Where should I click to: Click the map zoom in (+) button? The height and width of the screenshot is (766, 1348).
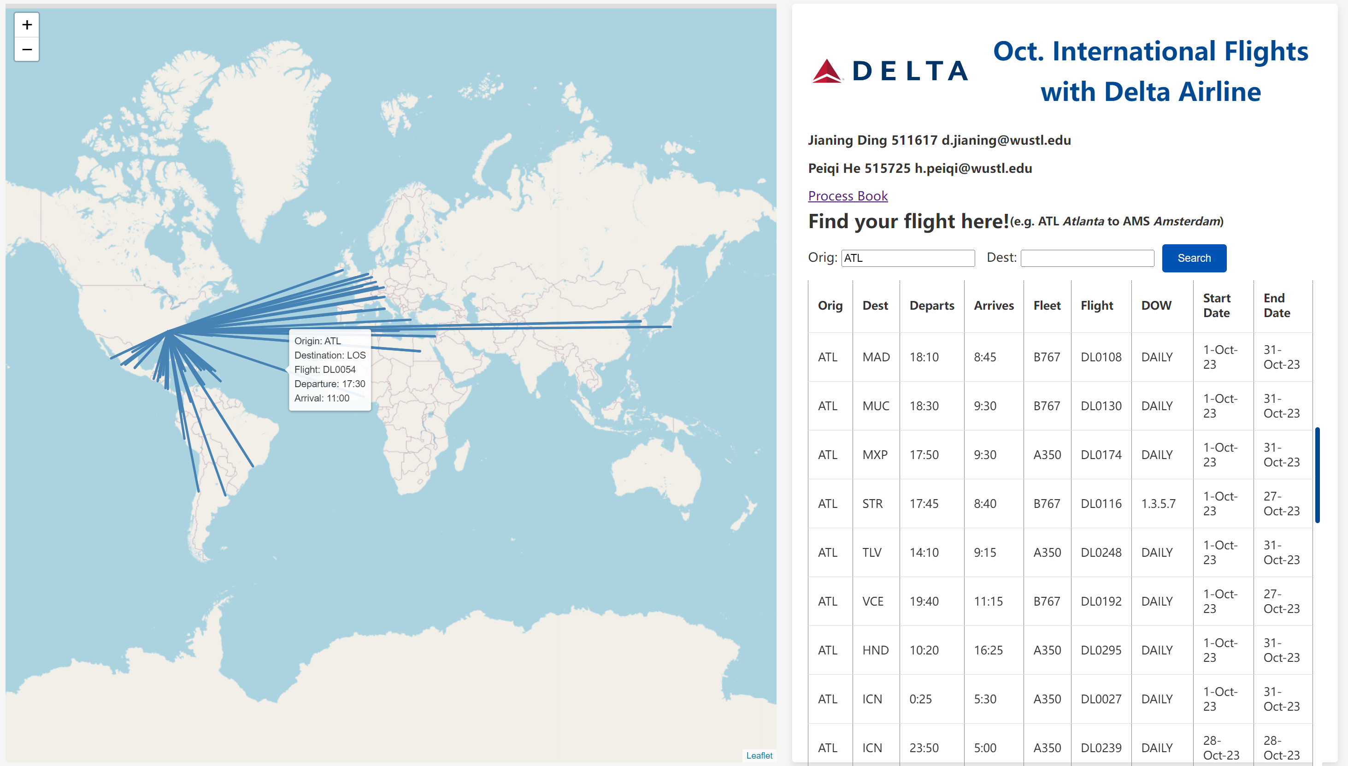click(x=27, y=25)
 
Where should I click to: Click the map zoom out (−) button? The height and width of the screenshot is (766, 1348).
click(x=27, y=49)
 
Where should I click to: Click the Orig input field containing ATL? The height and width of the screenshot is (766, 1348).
click(x=908, y=258)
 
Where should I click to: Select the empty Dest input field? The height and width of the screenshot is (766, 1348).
click(x=1087, y=258)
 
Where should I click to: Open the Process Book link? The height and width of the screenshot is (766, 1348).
click(x=848, y=196)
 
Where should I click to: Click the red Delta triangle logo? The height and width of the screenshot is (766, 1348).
click(x=827, y=71)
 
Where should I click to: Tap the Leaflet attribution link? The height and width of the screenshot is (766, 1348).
click(x=759, y=755)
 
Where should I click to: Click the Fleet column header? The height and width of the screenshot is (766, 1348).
click(x=1047, y=306)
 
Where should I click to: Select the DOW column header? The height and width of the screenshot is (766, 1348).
click(x=1156, y=306)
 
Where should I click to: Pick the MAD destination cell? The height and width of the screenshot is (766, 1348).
click(x=876, y=357)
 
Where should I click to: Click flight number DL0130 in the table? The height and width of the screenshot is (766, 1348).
click(x=1101, y=406)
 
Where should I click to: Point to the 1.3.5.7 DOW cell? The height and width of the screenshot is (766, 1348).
click(x=1158, y=503)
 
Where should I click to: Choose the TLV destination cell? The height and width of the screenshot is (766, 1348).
click(x=871, y=553)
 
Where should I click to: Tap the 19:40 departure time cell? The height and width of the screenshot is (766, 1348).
click(x=924, y=601)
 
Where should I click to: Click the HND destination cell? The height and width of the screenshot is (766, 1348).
click(x=875, y=650)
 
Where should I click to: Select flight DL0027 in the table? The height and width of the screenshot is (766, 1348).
click(x=1101, y=699)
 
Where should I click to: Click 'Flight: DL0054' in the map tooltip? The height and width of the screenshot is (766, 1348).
click(x=324, y=369)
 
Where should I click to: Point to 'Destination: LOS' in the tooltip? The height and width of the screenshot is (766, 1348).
click(x=330, y=355)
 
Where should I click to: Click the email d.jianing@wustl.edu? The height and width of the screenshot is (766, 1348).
click(x=1006, y=140)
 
